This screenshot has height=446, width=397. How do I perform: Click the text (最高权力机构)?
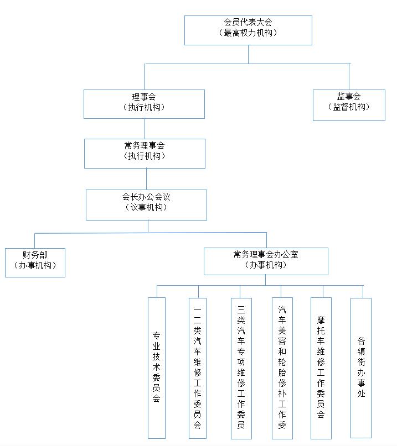tap(248, 33)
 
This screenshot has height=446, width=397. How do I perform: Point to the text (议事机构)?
tap(146, 207)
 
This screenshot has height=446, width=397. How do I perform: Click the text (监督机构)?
tap(349, 107)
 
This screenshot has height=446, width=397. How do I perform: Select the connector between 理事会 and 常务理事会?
tap(145, 129)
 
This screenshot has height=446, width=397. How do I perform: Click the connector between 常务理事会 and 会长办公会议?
tap(147, 179)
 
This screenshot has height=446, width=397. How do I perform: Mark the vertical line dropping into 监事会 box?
tap(349, 76)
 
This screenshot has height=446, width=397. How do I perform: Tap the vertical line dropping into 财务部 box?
tap(35, 240)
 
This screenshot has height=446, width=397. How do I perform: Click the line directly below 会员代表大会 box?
tap(248, 54)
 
